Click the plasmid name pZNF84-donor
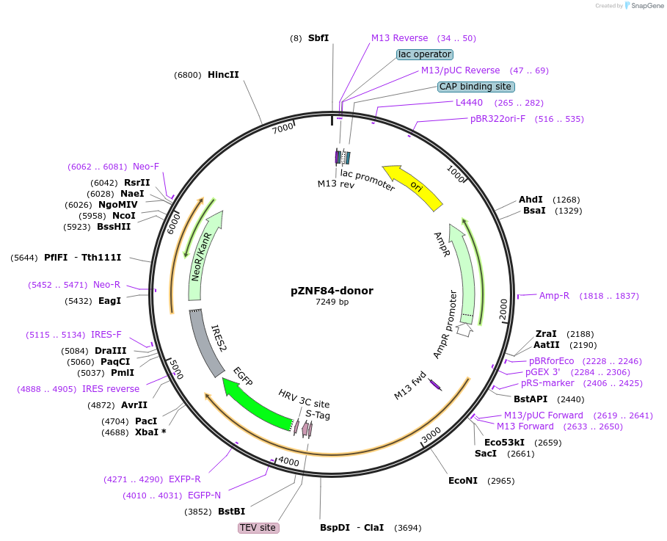tap(332, 291)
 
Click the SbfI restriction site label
tap(318, 37)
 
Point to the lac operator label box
tap(425, 54)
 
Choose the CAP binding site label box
tap(475, 87)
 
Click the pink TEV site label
tap(259, 528)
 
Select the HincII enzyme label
tap(223, 74)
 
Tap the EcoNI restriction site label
tap(463, 481)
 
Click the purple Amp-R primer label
tap(554, 296)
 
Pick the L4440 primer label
tap(469, 103)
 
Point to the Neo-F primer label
tap(146, 167)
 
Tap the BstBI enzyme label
tap(231, 512)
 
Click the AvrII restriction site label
tap(134, 405)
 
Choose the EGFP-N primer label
tap(204, 495)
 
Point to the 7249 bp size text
tap(332, 302)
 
